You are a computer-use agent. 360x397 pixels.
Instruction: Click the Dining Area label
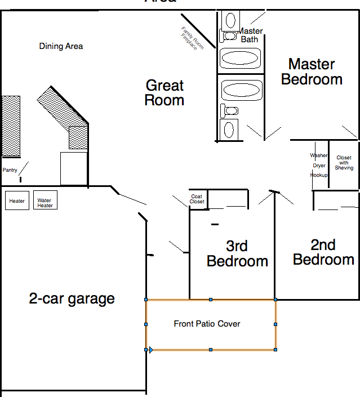pos(61,46)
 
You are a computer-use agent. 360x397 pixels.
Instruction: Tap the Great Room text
pos(165,93)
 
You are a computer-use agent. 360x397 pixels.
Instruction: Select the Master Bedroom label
pos(312,72)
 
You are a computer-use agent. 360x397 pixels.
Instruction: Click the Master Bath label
pos(250,35)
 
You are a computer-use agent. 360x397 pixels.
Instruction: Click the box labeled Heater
pos(17,201)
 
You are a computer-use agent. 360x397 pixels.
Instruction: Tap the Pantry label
pos(10,170)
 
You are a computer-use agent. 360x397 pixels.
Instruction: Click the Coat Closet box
pos(197,199)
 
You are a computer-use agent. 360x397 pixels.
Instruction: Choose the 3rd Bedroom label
pos(237,253)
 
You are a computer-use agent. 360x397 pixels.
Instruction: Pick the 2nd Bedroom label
pos(323,252)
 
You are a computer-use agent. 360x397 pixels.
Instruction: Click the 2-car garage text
pos(72,298)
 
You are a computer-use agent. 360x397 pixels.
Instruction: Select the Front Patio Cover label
pos(207,324)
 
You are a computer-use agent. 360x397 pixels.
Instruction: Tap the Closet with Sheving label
pos(344,163)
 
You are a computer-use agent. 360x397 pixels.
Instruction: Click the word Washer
pos(319,155)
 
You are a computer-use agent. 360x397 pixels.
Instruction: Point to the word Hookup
pos(319,175)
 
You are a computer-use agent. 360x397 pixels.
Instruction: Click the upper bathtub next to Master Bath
pos(240,58)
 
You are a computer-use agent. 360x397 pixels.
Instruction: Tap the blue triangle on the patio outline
pos(151,350)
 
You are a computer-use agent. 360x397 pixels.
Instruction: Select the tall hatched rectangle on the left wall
pos(11,126)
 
